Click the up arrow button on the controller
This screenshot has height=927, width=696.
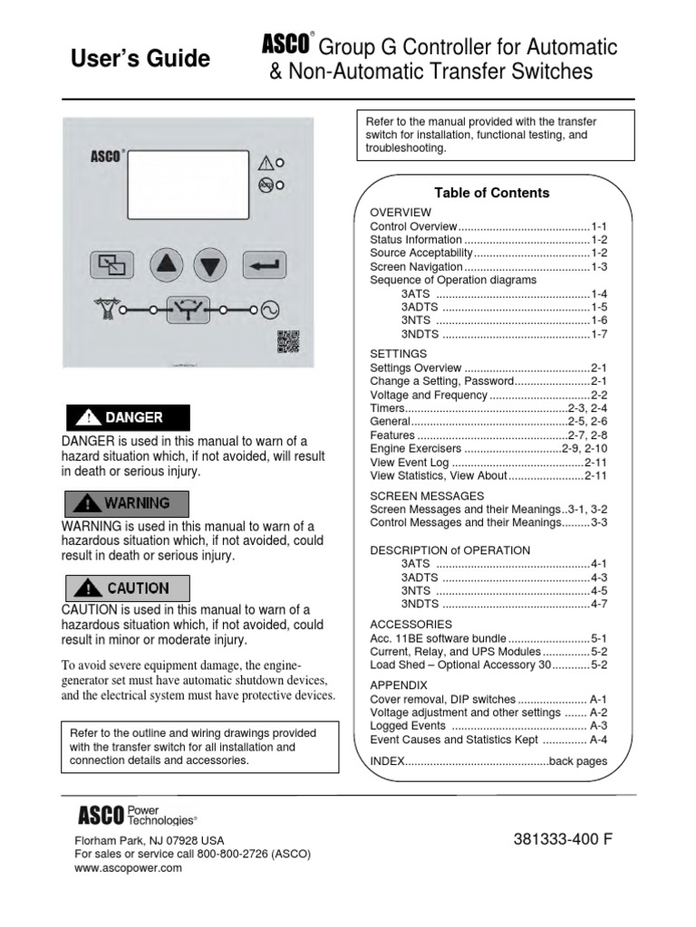167,264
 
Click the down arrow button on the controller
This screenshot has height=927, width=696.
210,264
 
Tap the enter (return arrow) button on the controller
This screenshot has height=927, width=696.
265,264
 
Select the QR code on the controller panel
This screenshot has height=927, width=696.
287,342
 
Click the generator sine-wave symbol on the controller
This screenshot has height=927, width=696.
270,311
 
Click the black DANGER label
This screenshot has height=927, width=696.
126,417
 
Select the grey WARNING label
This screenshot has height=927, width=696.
126,502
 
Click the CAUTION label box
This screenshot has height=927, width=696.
126,588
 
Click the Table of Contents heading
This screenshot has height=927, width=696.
491,193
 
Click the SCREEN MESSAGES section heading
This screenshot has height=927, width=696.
427,496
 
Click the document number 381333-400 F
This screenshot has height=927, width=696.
562,839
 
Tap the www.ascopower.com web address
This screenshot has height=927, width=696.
128,867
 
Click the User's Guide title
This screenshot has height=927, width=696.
140,60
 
